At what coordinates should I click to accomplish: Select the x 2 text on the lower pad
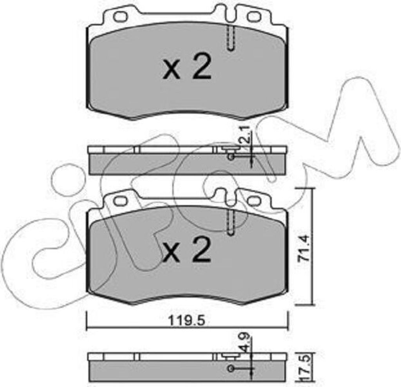(187, 250)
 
